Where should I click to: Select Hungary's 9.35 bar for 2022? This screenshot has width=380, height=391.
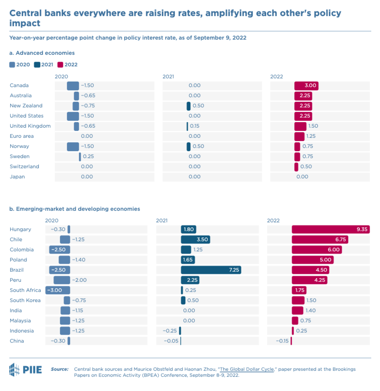point(330,229)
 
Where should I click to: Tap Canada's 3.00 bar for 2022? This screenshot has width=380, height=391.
point(306,85)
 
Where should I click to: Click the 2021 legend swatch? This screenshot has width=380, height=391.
point(37,65)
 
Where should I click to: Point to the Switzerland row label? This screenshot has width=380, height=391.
point(24,166)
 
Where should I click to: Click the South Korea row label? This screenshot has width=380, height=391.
point(26,300)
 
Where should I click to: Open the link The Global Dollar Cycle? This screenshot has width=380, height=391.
point(247,369)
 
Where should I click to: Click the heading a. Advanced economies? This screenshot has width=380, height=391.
point(42,53)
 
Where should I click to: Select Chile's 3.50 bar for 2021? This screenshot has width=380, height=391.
point(195,239)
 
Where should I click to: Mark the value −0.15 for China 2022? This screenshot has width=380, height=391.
point(282,341)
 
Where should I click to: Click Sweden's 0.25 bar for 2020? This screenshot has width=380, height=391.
point(80,156)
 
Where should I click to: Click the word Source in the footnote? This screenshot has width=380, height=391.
point(59,369)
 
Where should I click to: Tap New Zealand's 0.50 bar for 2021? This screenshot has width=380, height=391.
point(189,106)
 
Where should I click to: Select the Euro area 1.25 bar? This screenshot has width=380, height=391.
point(299,136)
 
